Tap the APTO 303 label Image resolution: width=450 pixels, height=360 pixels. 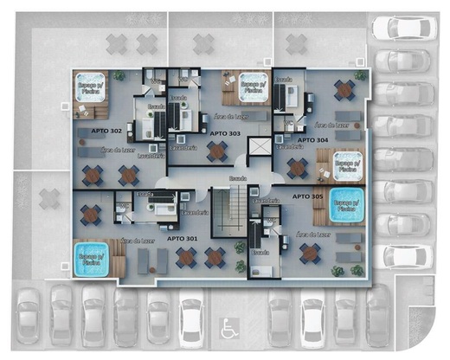[225, 133]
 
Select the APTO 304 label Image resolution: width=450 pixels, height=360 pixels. [312, 138]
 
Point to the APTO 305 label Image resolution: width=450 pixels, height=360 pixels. [309, 196]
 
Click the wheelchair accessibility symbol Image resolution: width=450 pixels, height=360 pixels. [229, 328]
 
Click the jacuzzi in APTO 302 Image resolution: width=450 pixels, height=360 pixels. [89, 87]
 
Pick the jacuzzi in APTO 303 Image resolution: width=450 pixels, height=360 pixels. [250, 86]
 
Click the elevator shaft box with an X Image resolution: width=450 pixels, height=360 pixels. [259, 145]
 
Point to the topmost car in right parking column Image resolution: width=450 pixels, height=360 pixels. [403, 29]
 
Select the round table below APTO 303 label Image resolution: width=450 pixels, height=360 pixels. [216, 152]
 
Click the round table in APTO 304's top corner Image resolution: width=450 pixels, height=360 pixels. [344, 89]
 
